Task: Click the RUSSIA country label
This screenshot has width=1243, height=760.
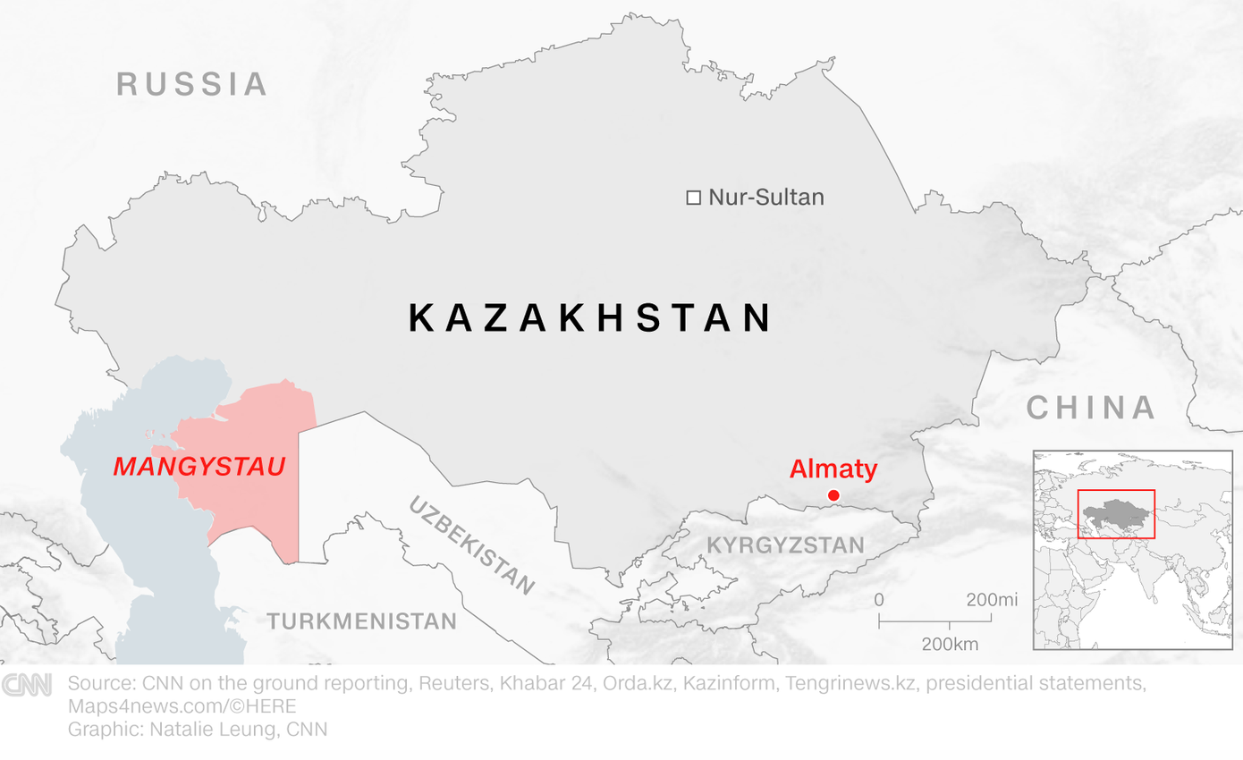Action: point(192,84)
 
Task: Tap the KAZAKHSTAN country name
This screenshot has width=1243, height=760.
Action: point(590,318)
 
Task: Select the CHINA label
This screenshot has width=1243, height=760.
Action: point(1090,408)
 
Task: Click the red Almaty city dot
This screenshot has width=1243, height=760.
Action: point(833,495)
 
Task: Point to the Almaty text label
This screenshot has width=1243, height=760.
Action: point(833,469)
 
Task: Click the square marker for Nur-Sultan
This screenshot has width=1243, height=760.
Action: point(693,198)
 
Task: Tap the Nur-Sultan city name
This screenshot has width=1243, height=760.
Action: point(765,198)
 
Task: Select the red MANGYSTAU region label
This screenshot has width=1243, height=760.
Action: point(199,466)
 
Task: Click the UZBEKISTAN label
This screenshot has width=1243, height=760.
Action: point(471,545)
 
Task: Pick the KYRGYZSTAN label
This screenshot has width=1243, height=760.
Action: point(786,545)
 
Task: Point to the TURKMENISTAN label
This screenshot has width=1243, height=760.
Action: point(361,621)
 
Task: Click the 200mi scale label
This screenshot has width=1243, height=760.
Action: point(991,600)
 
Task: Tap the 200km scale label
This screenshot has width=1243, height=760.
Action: point(950,644)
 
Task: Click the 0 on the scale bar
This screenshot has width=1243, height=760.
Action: point(879,600)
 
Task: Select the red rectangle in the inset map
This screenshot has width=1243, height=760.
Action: point(1116,514)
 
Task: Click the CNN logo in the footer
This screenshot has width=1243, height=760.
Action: point(26,685)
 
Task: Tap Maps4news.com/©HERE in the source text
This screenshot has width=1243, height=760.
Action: point(182,706)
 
